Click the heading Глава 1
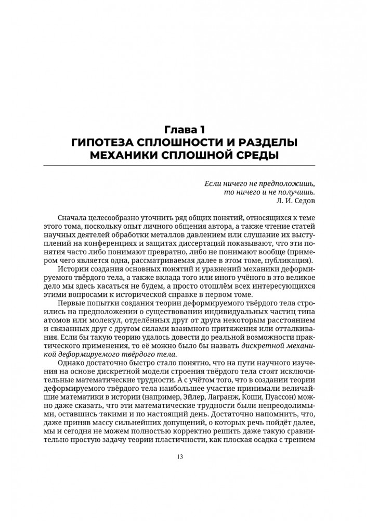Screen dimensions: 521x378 coord(189,128)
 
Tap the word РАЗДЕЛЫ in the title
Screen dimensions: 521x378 coord(271,142)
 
